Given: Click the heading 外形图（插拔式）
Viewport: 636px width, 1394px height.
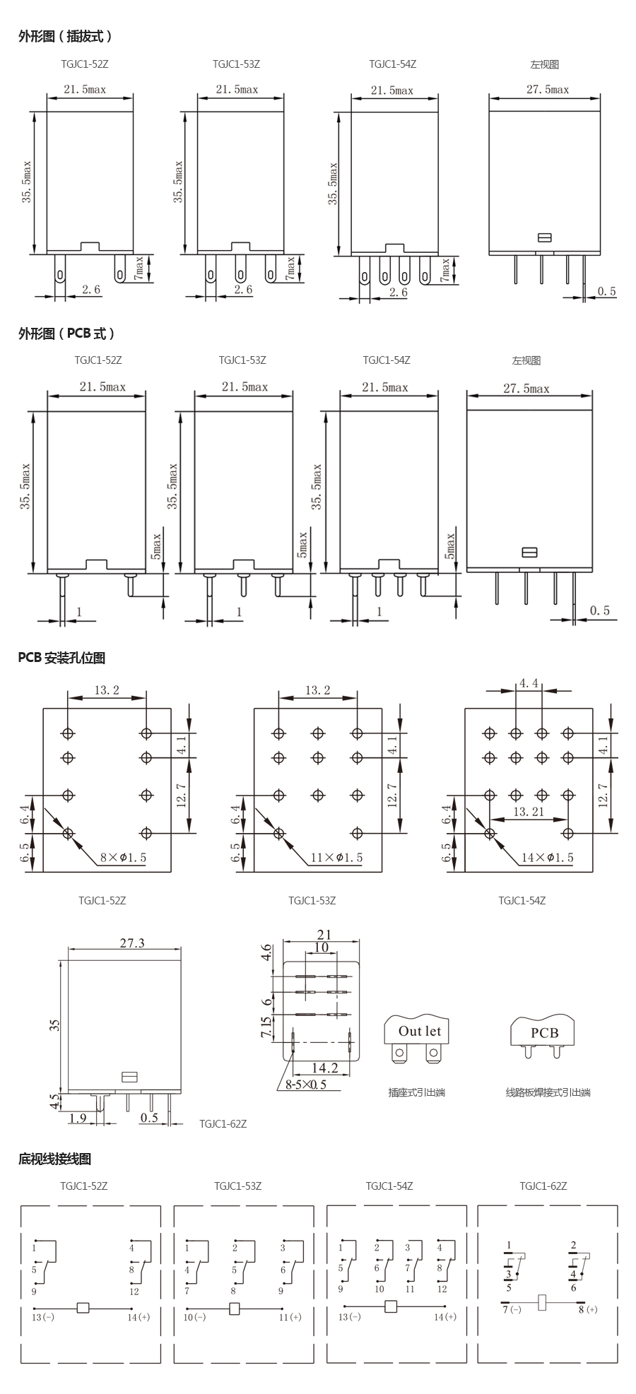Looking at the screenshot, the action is tap(65, 36).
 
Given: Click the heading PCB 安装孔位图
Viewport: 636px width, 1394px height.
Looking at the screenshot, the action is tap(61, 658).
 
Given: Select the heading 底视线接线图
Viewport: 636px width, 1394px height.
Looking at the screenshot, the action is tap(54, 1159).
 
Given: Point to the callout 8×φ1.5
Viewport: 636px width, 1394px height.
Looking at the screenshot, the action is tap(124, 858).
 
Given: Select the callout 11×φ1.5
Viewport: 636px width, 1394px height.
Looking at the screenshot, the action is tap(336, 858).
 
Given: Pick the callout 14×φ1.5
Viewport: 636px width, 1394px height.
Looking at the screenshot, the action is tap(548, 858).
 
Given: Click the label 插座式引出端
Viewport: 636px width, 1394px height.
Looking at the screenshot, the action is tap(417, 1092).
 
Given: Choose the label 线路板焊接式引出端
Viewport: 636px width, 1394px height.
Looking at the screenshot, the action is tap(548, 1092).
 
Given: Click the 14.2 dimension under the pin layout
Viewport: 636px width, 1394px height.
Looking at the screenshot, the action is tap(324, 1068).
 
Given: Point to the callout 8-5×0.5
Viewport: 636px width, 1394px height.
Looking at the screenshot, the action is tap(306, 1085).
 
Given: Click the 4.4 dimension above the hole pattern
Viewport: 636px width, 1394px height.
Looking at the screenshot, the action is tap(529, 683).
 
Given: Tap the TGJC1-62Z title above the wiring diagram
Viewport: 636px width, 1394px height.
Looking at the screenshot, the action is tap(543, 1186).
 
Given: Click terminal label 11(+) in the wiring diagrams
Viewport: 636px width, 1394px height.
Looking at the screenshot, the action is tap(290, 1317).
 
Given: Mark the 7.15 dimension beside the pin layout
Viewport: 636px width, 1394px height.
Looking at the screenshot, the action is tap(266, 1028).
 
